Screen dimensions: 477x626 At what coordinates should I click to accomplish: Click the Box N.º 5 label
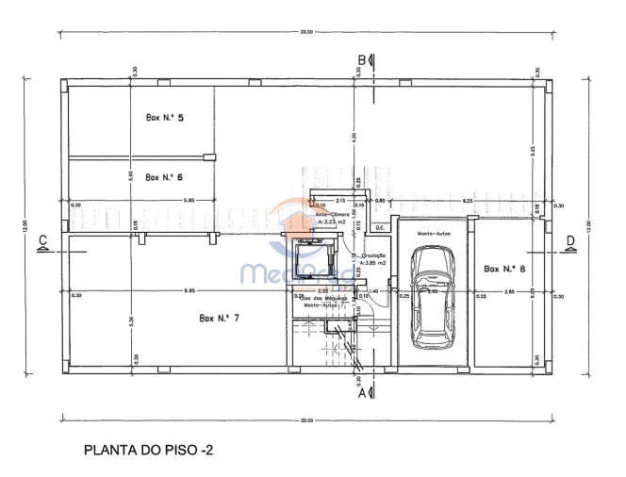(x=164, y=118)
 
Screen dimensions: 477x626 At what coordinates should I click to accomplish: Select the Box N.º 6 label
(x=164, y=177)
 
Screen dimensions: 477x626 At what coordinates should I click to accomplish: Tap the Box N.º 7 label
(x=219, y=318)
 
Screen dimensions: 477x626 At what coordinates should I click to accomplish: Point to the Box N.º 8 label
(x=503, y=269)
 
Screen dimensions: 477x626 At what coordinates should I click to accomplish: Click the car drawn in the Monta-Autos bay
(x=432, y=295)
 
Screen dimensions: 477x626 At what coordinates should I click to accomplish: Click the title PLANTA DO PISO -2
(x=148, y=451)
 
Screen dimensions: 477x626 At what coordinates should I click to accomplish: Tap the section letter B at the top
(x=361, y=60)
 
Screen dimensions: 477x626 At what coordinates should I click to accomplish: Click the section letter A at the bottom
(x=361, y=395)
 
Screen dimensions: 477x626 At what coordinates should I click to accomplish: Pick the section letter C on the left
(x=42, y=241)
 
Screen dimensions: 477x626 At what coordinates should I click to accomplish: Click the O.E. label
(x=380, y=227)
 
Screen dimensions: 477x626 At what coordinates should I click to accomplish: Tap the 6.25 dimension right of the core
(x=467, y=201)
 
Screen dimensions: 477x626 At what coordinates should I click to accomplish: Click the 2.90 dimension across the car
(x=432, y=291)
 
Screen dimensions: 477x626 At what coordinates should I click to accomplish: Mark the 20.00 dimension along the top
(x=306, y=33)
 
